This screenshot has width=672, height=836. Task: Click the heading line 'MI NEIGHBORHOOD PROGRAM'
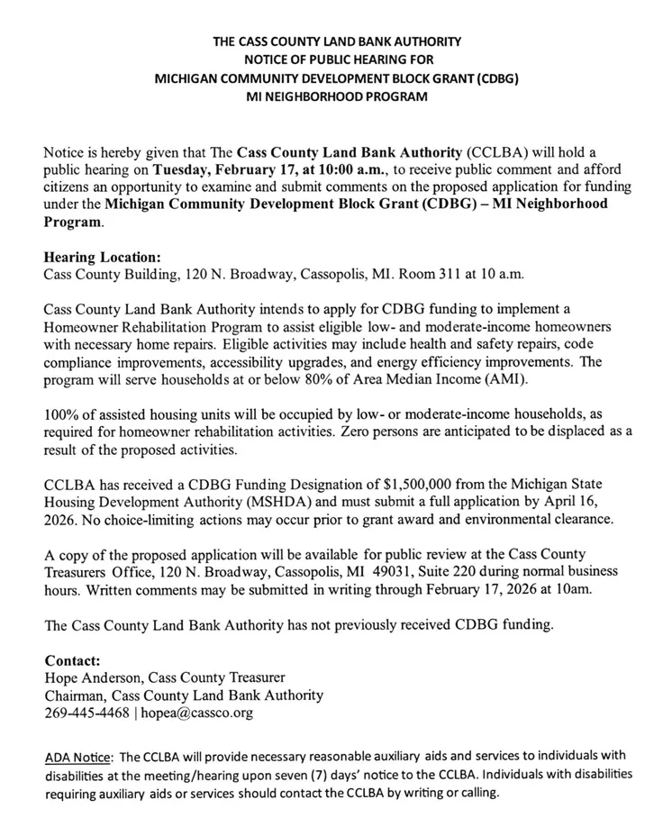336,96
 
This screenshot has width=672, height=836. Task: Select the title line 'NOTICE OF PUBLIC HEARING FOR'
336,59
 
